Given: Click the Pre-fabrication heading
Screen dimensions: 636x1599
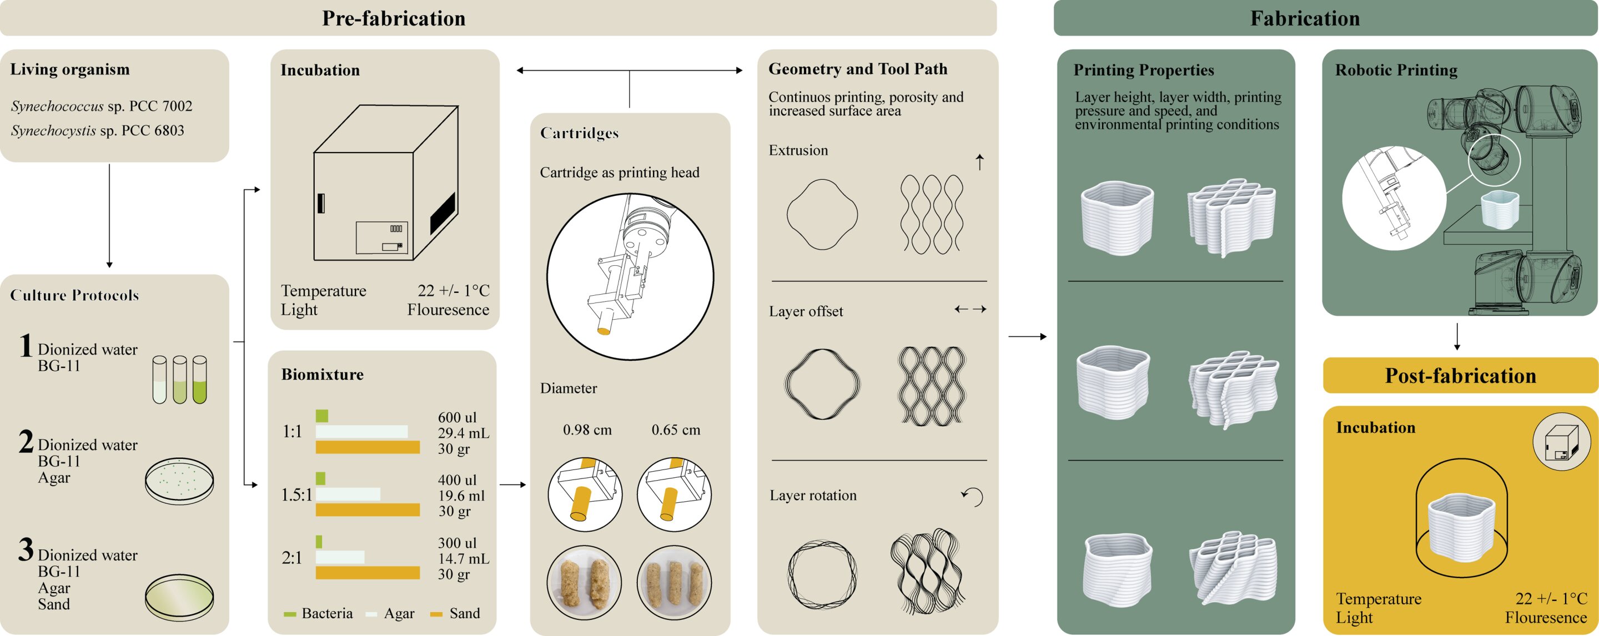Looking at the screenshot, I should click(394, 19).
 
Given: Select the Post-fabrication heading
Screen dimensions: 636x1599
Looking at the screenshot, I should click(1460, 376).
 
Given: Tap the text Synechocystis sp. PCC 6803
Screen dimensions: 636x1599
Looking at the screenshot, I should click(98, 131).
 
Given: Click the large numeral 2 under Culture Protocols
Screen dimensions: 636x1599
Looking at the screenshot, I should click(26, 442).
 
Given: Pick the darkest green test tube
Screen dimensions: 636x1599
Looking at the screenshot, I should click(199, 380).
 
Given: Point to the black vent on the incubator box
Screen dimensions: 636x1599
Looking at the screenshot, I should click(443, 213).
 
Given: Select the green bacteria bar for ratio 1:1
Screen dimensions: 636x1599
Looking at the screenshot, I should click(321, 416).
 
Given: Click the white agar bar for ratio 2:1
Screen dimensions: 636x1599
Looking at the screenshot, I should click(340, 557).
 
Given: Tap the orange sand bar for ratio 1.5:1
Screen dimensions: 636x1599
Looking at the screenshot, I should click(368, 510).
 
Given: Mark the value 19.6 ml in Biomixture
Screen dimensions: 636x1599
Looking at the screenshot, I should click(461, 496).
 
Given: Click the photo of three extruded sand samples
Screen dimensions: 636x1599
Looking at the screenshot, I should click(674, 583).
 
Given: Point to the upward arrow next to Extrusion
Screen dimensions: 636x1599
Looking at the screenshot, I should click(979, 162).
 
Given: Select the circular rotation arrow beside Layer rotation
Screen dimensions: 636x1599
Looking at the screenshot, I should click(973, 496).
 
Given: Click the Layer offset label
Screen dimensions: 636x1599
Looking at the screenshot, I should click(806, 311).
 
